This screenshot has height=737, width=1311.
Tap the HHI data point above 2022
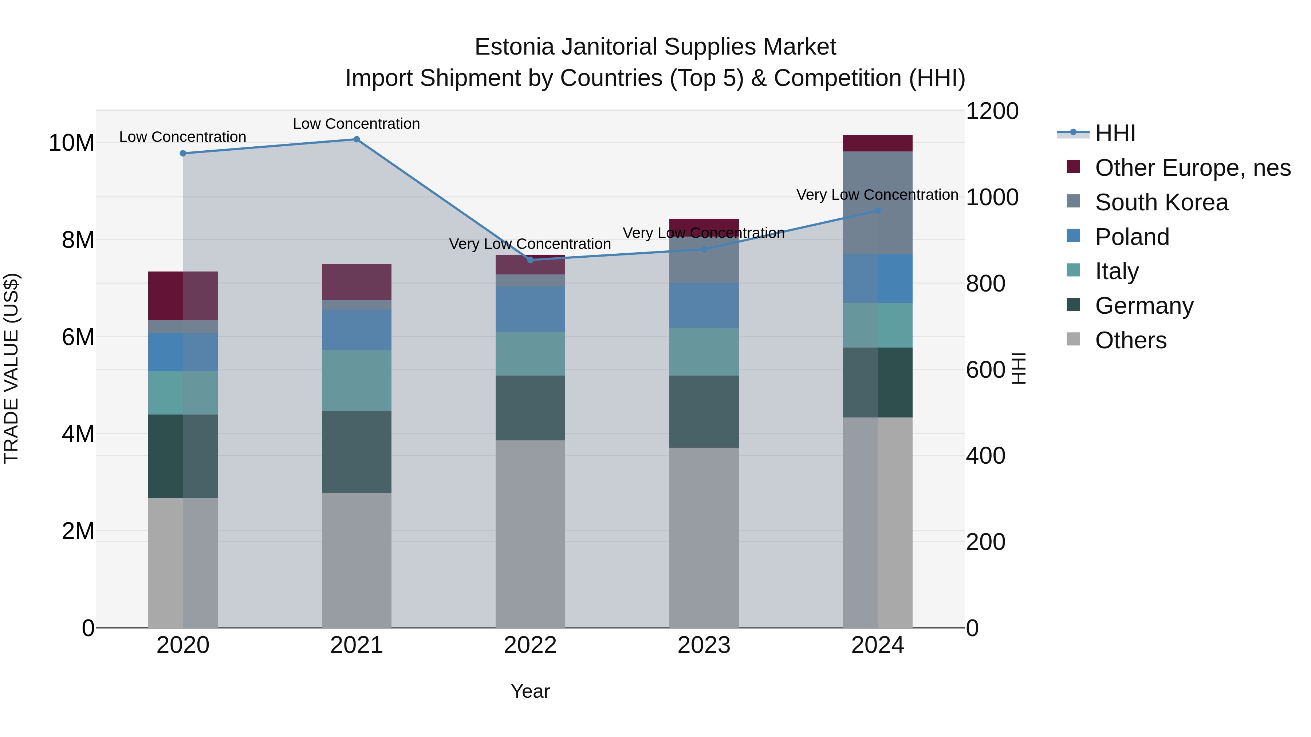[530, 260]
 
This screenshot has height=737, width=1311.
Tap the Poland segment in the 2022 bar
[530, 309]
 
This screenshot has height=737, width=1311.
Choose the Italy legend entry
[1116, 271]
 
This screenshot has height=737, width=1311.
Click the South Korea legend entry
[1161, 202]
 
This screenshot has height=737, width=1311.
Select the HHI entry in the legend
[1115, 133]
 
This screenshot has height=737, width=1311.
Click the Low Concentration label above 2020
[183, 137]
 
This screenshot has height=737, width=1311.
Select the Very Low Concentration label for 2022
[530, 244]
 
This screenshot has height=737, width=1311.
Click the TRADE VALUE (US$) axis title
[11, 368]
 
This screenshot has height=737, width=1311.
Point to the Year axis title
[530, 691]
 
